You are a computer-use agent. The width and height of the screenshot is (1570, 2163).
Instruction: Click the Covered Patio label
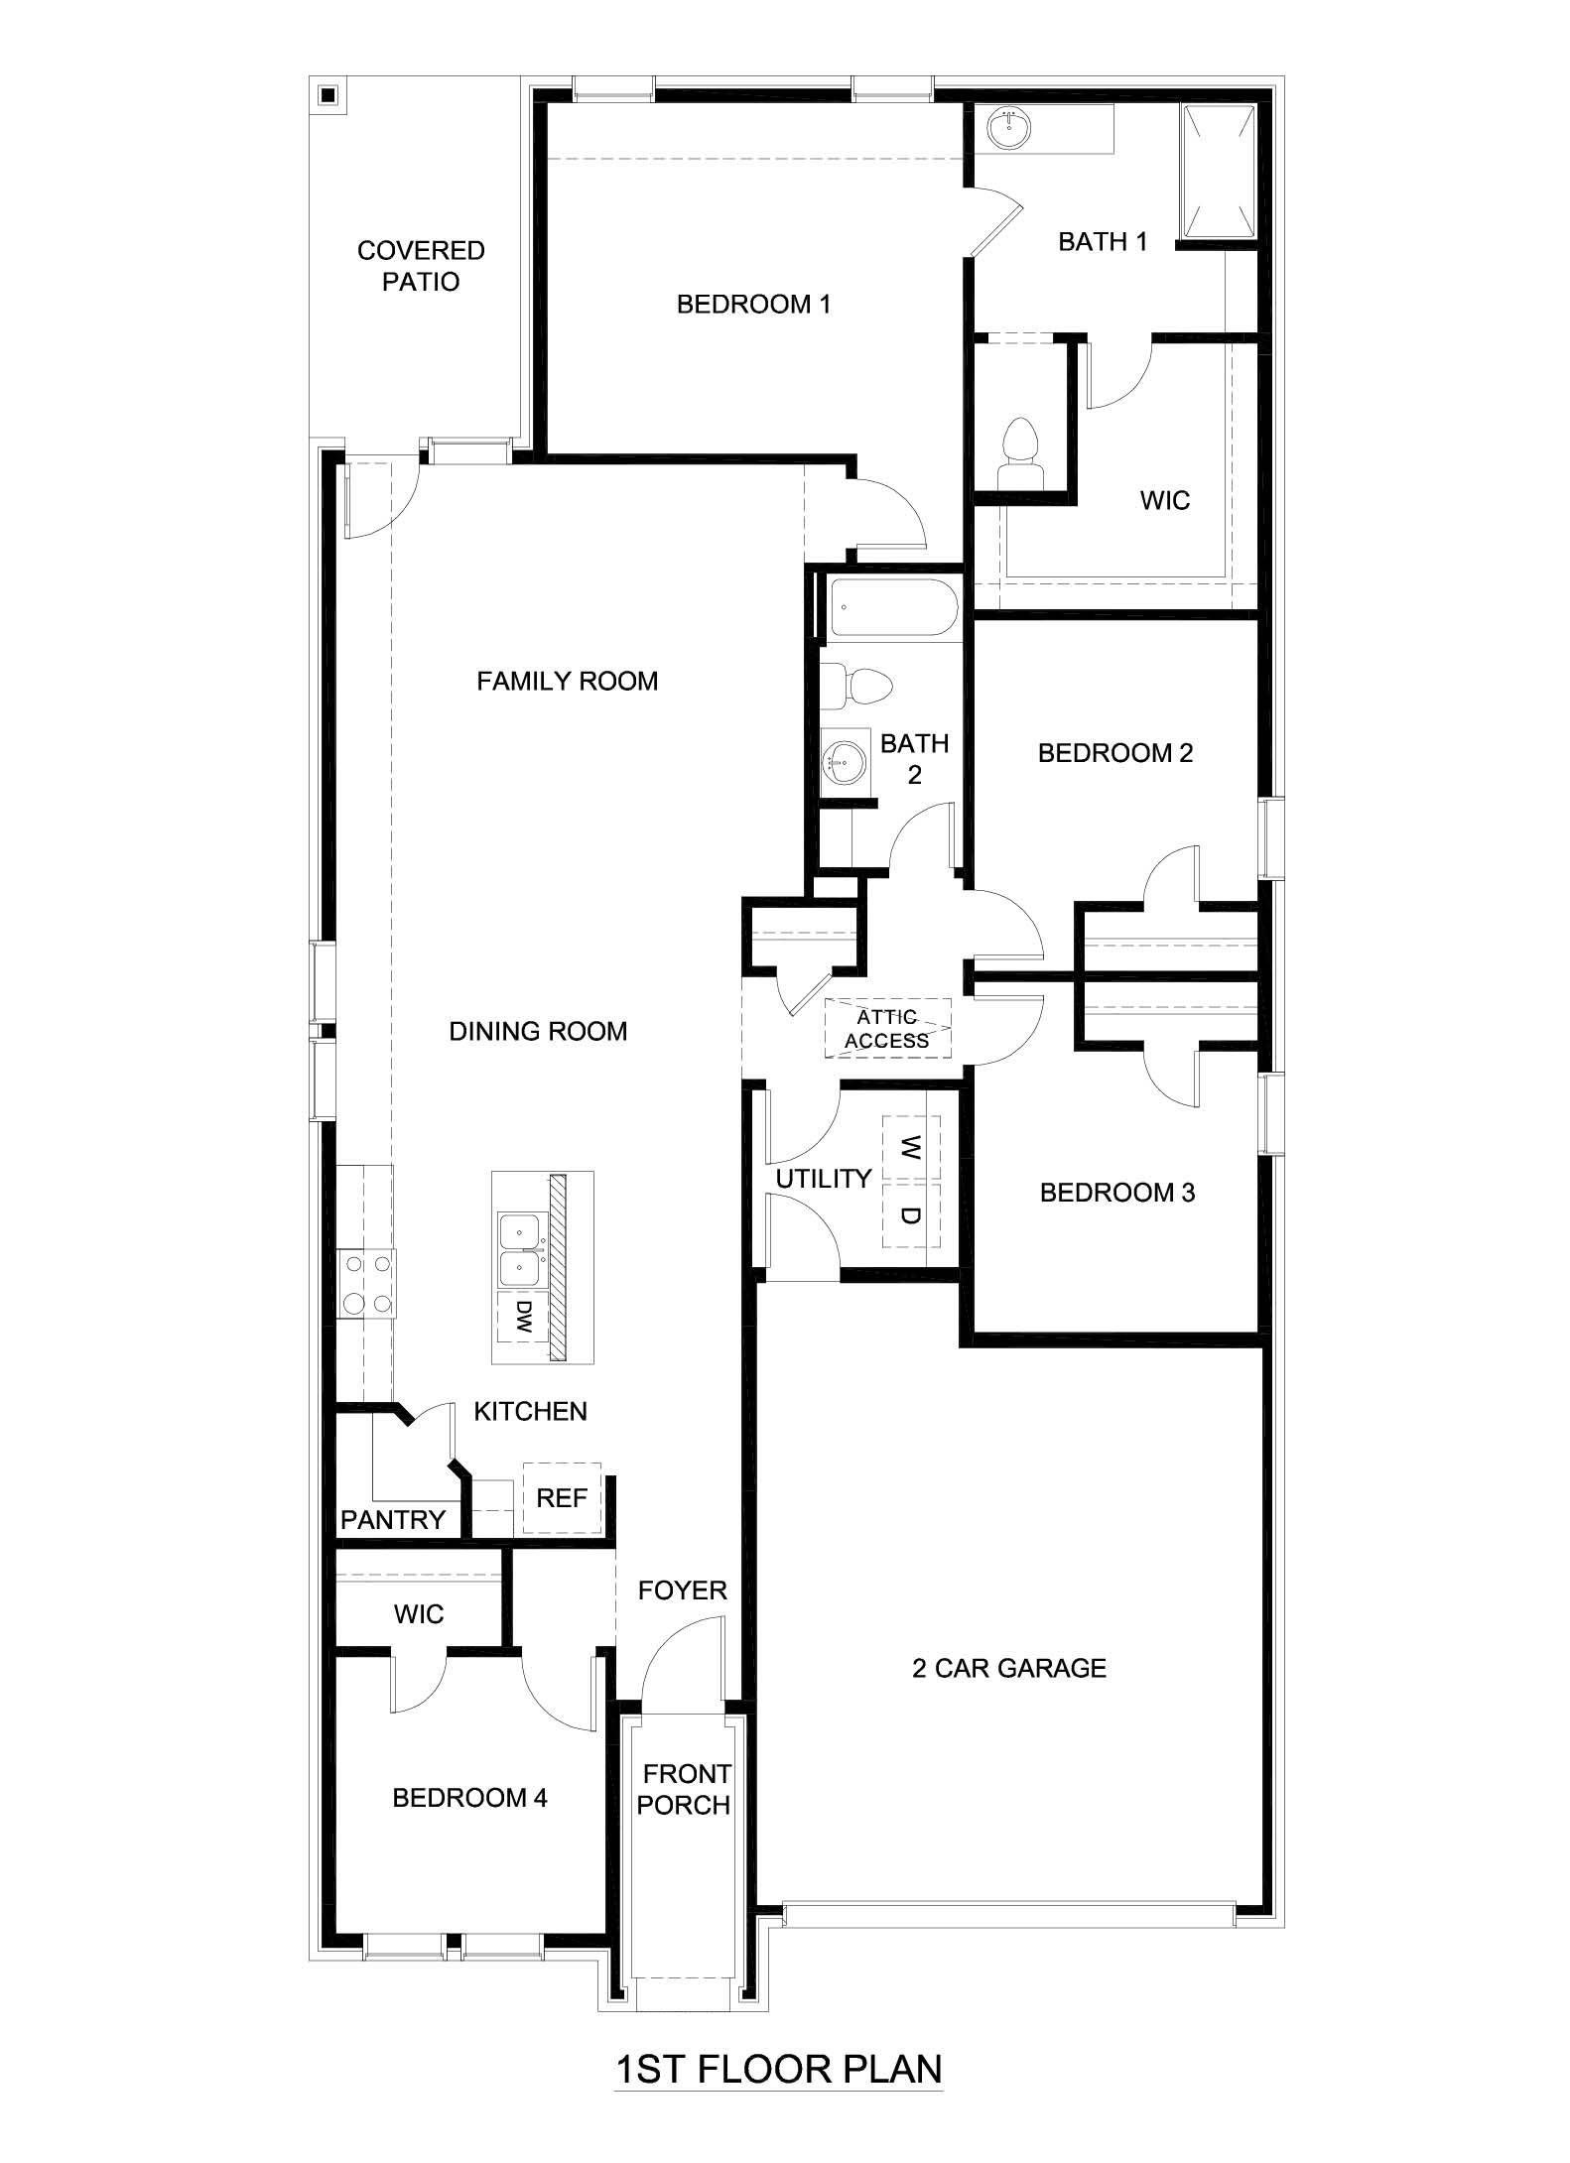[x=421, y=266]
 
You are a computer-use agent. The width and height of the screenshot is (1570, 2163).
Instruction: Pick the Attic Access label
[x=887, y=1029]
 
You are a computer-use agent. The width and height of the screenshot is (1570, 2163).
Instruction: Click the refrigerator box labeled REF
[x=562, y=1497]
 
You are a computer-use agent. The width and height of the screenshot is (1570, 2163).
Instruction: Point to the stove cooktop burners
[x=365, y=1284]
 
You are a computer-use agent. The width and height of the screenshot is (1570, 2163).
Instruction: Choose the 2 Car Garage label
[x=1008, y=1668]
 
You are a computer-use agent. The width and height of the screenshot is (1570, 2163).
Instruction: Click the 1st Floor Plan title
[x=778, y=2069]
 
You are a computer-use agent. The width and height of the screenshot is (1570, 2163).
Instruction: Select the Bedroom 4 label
[x=469, y=1797]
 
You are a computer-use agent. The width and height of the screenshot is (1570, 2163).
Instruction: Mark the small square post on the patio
[x=328, y=96]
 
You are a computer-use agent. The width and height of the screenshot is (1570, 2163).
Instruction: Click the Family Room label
[x=567, y=682]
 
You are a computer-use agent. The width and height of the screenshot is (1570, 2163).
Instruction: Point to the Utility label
[x=823, y=1179]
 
